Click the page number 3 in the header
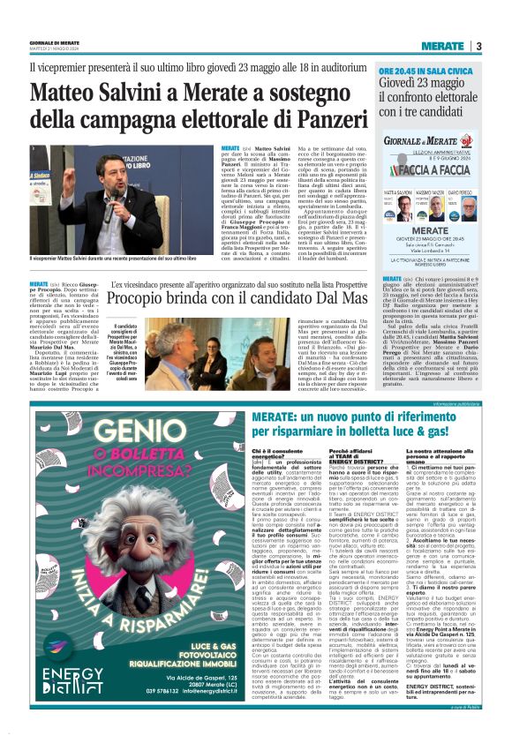coord(478,46)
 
